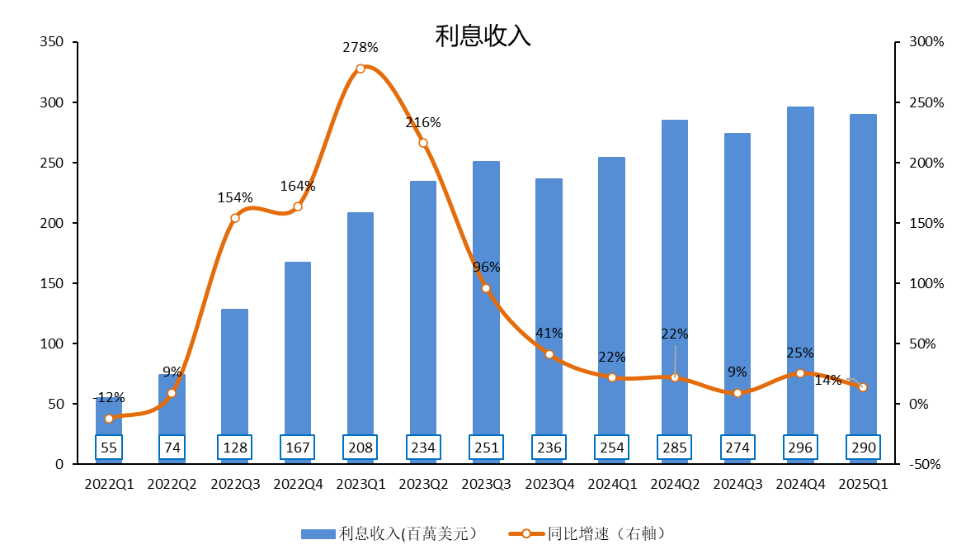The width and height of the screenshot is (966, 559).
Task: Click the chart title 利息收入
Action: [483, 36]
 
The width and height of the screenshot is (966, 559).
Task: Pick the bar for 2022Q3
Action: [235, 372]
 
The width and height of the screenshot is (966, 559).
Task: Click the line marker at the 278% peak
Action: [360, 69]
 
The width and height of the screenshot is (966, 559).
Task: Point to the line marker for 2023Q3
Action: [486, 288]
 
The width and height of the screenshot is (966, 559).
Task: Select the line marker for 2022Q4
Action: [298, 206]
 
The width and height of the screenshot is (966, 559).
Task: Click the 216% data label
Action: [423, 123]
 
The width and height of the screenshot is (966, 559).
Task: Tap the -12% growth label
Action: [108, 398]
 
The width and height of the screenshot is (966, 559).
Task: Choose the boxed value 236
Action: [549, 448]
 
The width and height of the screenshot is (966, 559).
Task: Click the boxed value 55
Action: [109, 448]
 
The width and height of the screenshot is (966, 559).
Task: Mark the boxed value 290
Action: [863, 448]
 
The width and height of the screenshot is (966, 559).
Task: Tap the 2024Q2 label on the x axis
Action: [675, 485]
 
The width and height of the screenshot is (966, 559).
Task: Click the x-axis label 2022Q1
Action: [109, 485]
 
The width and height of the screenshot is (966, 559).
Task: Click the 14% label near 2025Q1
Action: [828, 381]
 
